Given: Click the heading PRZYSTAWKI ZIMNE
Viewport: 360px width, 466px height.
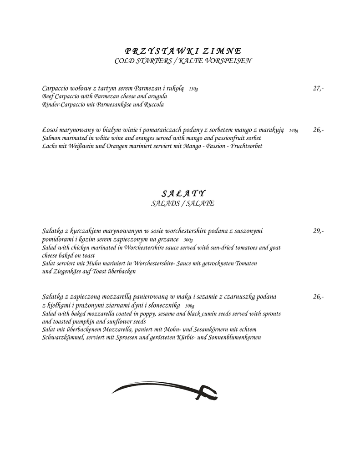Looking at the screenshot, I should [183, 51].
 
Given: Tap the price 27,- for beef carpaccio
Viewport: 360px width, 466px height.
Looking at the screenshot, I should [318, 88].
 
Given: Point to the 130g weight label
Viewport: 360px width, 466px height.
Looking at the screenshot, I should [193, 89].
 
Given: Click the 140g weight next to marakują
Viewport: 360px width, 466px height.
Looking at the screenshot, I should [294, 131].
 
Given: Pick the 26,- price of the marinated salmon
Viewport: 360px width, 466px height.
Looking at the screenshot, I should [318, 130].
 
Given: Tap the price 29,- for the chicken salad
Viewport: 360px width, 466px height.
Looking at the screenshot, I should [318, 231].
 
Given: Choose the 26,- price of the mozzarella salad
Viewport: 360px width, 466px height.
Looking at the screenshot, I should [318, 297].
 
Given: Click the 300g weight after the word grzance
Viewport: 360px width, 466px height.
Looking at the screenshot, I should [188, 240].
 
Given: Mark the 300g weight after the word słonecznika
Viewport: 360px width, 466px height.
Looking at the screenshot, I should [190, 306].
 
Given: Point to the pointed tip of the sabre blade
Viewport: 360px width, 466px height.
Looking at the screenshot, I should [113, 392].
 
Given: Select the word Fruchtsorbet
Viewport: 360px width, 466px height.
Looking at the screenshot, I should [246, 146].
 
